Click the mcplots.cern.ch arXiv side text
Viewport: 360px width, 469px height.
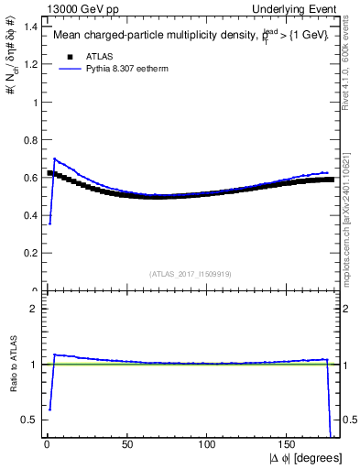pos(345,202)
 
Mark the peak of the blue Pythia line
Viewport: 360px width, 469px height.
pos(54,158)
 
